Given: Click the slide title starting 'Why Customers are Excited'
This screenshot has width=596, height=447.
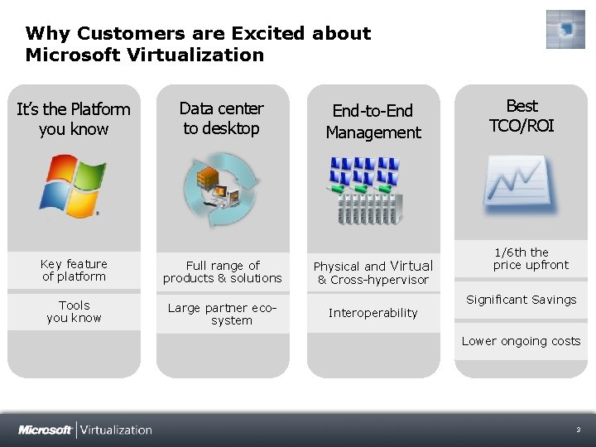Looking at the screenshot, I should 198,44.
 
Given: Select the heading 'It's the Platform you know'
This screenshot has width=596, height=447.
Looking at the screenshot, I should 74,118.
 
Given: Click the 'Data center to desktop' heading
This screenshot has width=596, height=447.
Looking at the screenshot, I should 221,118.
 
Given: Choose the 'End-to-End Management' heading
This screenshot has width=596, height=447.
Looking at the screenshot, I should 372,121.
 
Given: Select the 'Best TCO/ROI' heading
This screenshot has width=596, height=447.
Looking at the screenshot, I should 521,116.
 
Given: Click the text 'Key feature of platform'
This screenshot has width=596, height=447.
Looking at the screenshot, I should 74,270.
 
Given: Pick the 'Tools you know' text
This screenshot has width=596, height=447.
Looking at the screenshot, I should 74,311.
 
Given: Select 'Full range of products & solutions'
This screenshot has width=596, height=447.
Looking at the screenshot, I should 222,272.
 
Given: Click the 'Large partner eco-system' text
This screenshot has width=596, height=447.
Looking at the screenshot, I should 222,314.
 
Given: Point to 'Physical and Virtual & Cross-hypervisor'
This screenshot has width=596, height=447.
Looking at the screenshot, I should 372,272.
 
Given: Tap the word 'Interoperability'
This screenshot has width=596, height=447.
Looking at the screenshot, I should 372,313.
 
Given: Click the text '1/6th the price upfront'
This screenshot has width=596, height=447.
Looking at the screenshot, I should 521,258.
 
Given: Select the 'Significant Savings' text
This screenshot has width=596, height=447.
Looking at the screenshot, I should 521,300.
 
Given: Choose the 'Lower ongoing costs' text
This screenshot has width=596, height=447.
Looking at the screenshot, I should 521,341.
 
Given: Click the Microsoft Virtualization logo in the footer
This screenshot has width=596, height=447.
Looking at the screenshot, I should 85,430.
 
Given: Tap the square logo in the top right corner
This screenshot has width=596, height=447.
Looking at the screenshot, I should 565,30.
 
